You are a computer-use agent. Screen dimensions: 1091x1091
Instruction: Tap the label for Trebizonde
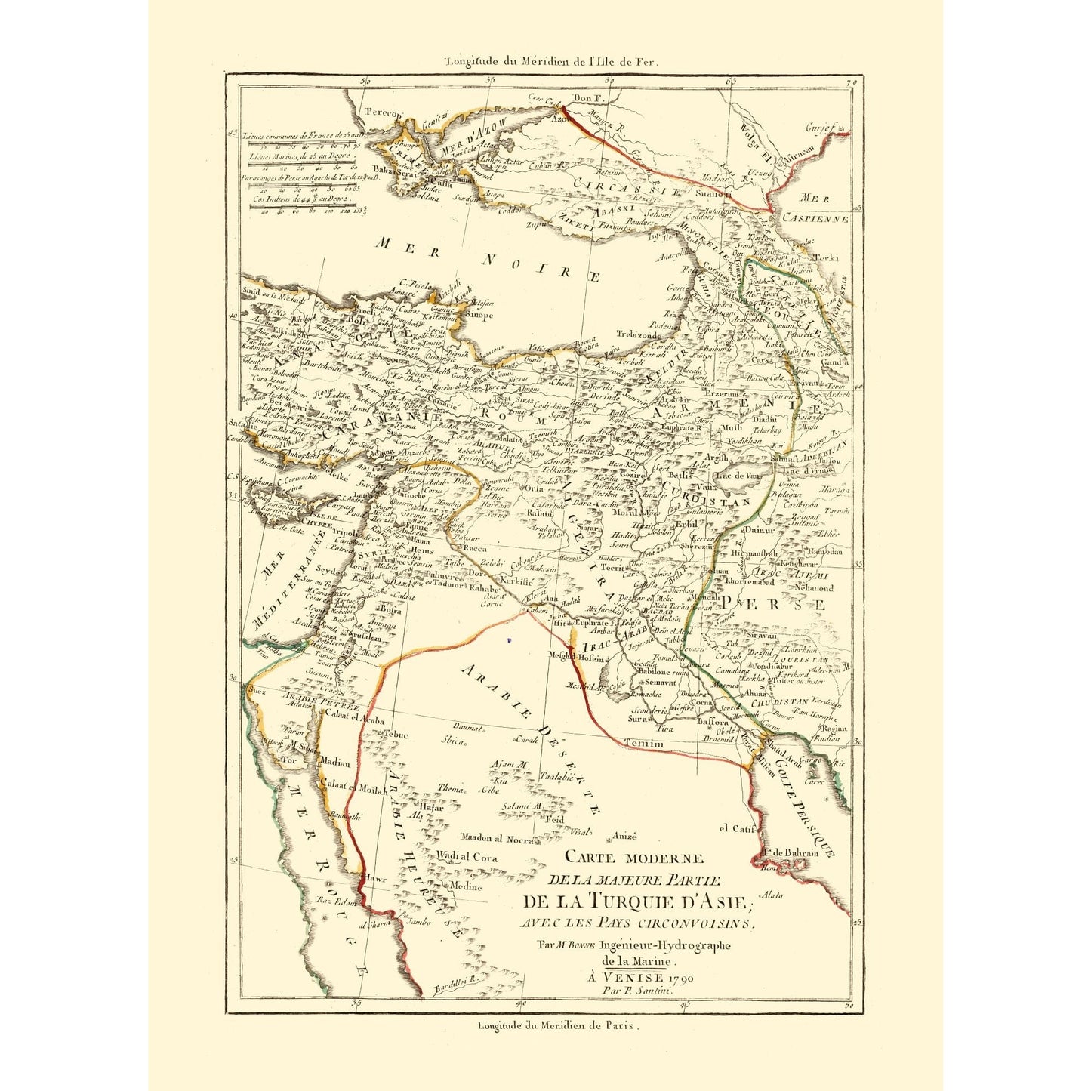(x=638, y=334)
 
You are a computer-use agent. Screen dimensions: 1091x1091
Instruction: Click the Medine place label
(x=465, y=886)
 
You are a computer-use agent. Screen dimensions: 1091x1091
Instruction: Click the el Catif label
(x=737, y=829)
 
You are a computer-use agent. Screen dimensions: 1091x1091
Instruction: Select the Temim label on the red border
(x=644, y=744)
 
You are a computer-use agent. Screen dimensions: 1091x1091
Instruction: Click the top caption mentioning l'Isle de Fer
(x=552, y=63)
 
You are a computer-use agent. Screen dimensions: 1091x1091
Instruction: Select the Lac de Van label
(x=736, y=476)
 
